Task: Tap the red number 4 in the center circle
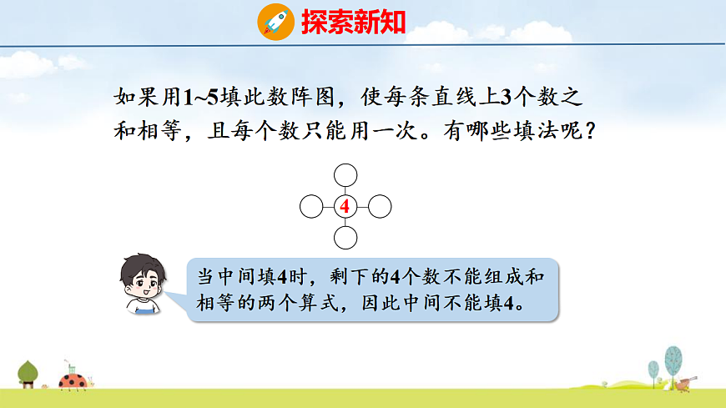click(344, 206)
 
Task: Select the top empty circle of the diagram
click(345, 174)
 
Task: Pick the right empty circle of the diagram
click(380, 206)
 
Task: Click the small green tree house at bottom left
click(29, 373)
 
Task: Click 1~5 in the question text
click(199, 97)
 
